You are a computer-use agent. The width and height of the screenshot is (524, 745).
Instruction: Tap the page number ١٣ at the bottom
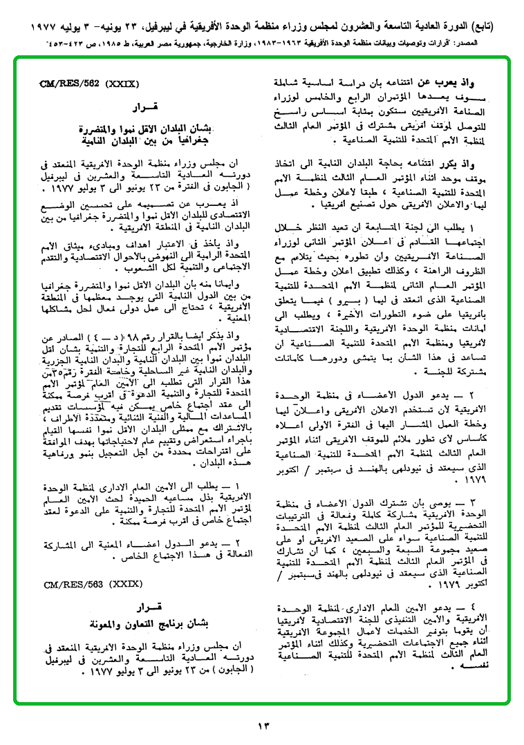pyautogui.click(x=263, y=726)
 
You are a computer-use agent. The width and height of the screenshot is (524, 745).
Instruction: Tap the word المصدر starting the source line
pyautogui.click(x=480, y=44)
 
